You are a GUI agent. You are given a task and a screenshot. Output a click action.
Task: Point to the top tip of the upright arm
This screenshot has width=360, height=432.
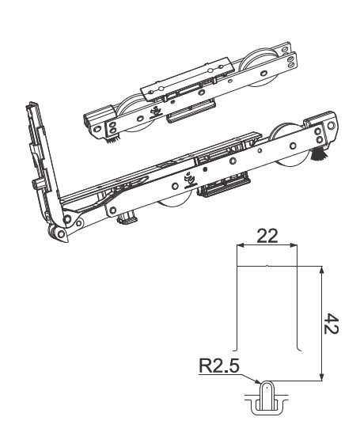pos(31,104)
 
